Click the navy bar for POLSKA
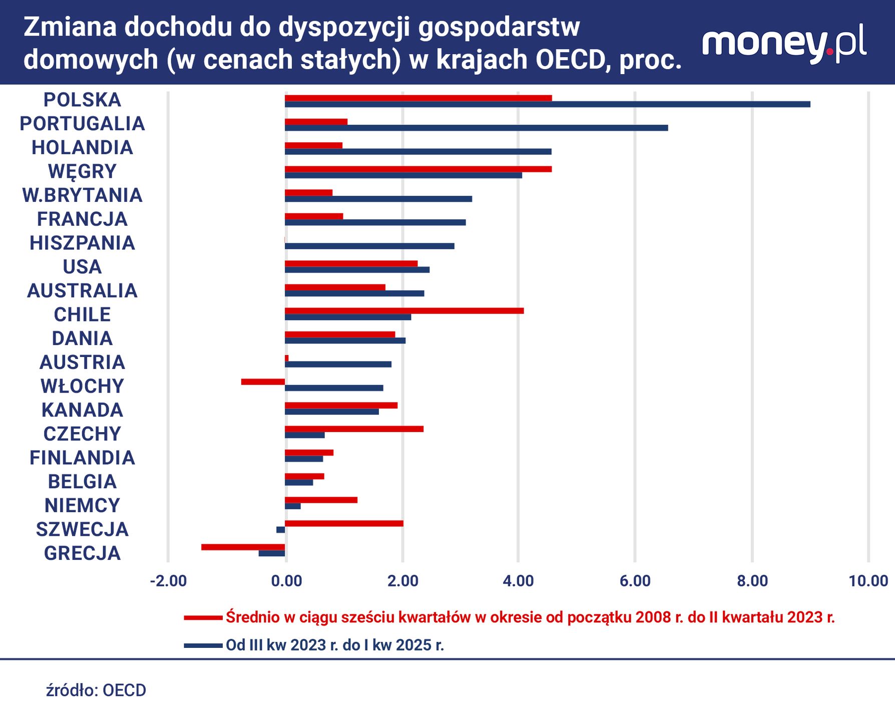tap(547, 104)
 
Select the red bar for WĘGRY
tap(418, 169)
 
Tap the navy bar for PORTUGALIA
tap(476, 128)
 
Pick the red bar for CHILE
tap(404, 311)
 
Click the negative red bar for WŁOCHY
tap(263, 382)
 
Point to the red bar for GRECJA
tap(243, 547)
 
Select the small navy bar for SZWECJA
tap(280, 530)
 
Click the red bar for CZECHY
tap(354, 429)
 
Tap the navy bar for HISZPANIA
tap(369, 246)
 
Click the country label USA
tap(82, 267)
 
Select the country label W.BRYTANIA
tap(82, 195)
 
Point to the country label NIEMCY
tap(82, 506)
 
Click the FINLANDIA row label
tap(82, 458)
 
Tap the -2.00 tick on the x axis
tap(168, 581)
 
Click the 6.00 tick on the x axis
tap(635, 581)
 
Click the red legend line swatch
tap(203, 618)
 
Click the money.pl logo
tap(784, 44)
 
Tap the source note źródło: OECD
tap(96, 690)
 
